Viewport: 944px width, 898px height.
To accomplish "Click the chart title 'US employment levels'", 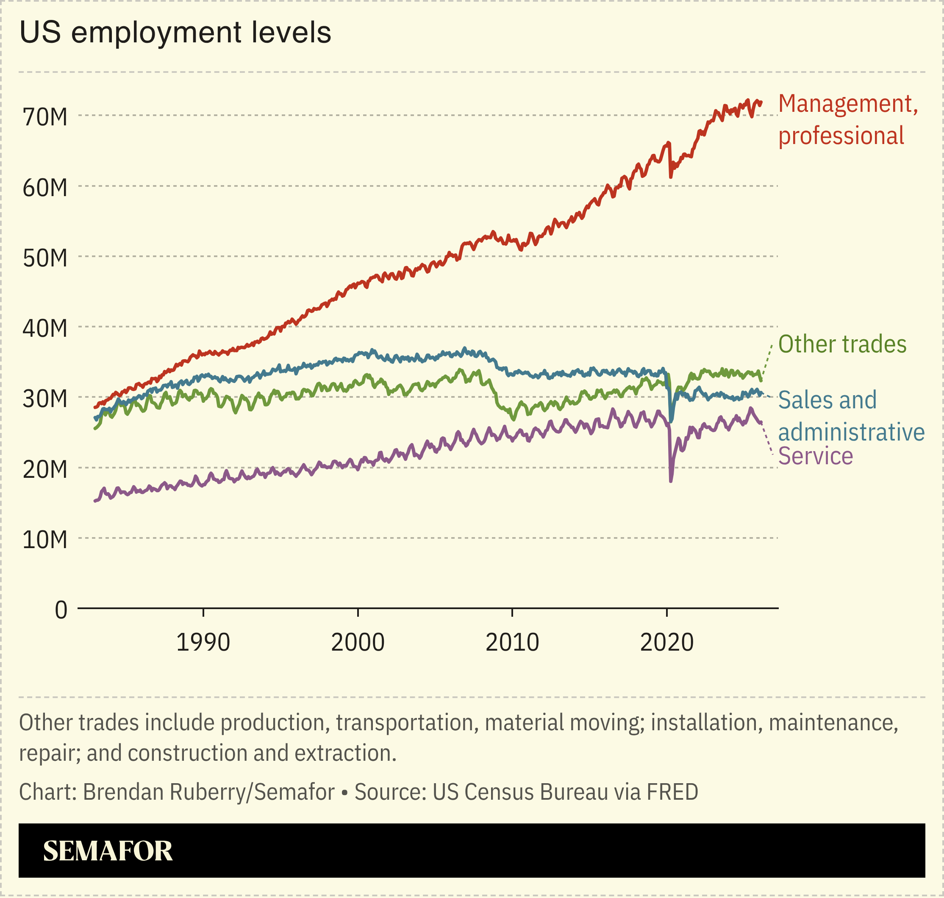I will tap(175, 33).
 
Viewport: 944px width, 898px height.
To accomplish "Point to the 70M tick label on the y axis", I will tap(45, 117).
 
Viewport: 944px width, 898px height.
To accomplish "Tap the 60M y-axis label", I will tap(45, 188).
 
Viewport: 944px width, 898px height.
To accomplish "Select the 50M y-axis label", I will tap(45, 258).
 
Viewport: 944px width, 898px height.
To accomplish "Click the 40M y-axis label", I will tap(45, 328).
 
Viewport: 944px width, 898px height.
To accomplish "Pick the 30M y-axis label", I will tap(45, 399).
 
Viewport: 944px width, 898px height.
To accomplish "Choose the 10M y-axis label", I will tap(45, 540).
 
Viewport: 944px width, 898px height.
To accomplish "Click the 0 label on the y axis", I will tap(61, 611).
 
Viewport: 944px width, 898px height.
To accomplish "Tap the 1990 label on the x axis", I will tap(203, 643).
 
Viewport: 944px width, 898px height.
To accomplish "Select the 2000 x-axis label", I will tap(358, 643).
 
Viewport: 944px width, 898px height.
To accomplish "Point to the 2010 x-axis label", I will tap(512, 643).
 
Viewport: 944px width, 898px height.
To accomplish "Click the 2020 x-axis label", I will tap(666, 643).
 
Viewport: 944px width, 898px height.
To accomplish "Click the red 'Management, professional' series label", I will tap(847, 120).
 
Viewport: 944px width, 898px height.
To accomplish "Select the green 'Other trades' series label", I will tap(842, 344).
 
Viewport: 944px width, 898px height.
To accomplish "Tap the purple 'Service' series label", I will tap(815, 456).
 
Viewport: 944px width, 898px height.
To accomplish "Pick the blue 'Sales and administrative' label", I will tap(851, 416).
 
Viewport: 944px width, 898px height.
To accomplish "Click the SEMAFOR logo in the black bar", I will tap(108, 851).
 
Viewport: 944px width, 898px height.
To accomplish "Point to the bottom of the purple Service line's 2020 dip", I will tap(671, 481).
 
